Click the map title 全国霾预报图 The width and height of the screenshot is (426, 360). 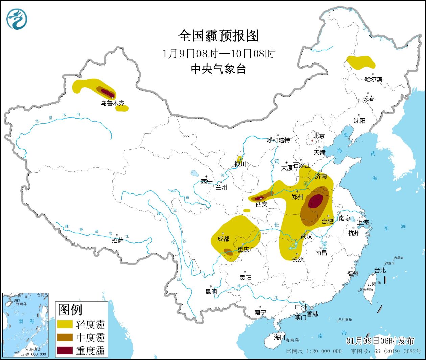coord(218,36)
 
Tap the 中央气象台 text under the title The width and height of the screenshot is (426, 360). coord(218,69)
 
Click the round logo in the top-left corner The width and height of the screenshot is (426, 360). coord(17,19)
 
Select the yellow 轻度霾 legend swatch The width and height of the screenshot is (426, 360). coord(65,324)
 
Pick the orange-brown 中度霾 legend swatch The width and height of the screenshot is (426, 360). coord(65,337)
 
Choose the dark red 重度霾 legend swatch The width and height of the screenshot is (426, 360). coord(65,351)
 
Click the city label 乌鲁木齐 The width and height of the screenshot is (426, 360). coord(112,103)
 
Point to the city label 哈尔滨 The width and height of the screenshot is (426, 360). coord(374,79)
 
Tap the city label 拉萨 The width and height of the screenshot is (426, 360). coord(117,240)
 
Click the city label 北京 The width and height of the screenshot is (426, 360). coord(319,136)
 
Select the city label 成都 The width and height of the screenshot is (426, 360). coord(223,239)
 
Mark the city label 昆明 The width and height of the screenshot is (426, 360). coord(211,291)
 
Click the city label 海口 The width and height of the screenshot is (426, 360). coord(279,337)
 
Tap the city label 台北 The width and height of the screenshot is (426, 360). coord(380,271)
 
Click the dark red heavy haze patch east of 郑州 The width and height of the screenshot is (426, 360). coord(315,201)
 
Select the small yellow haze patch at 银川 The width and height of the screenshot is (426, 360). coord(240,159)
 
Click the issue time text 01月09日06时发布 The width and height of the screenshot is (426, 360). coord(380,341)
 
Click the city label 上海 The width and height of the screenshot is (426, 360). coord(363,222)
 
